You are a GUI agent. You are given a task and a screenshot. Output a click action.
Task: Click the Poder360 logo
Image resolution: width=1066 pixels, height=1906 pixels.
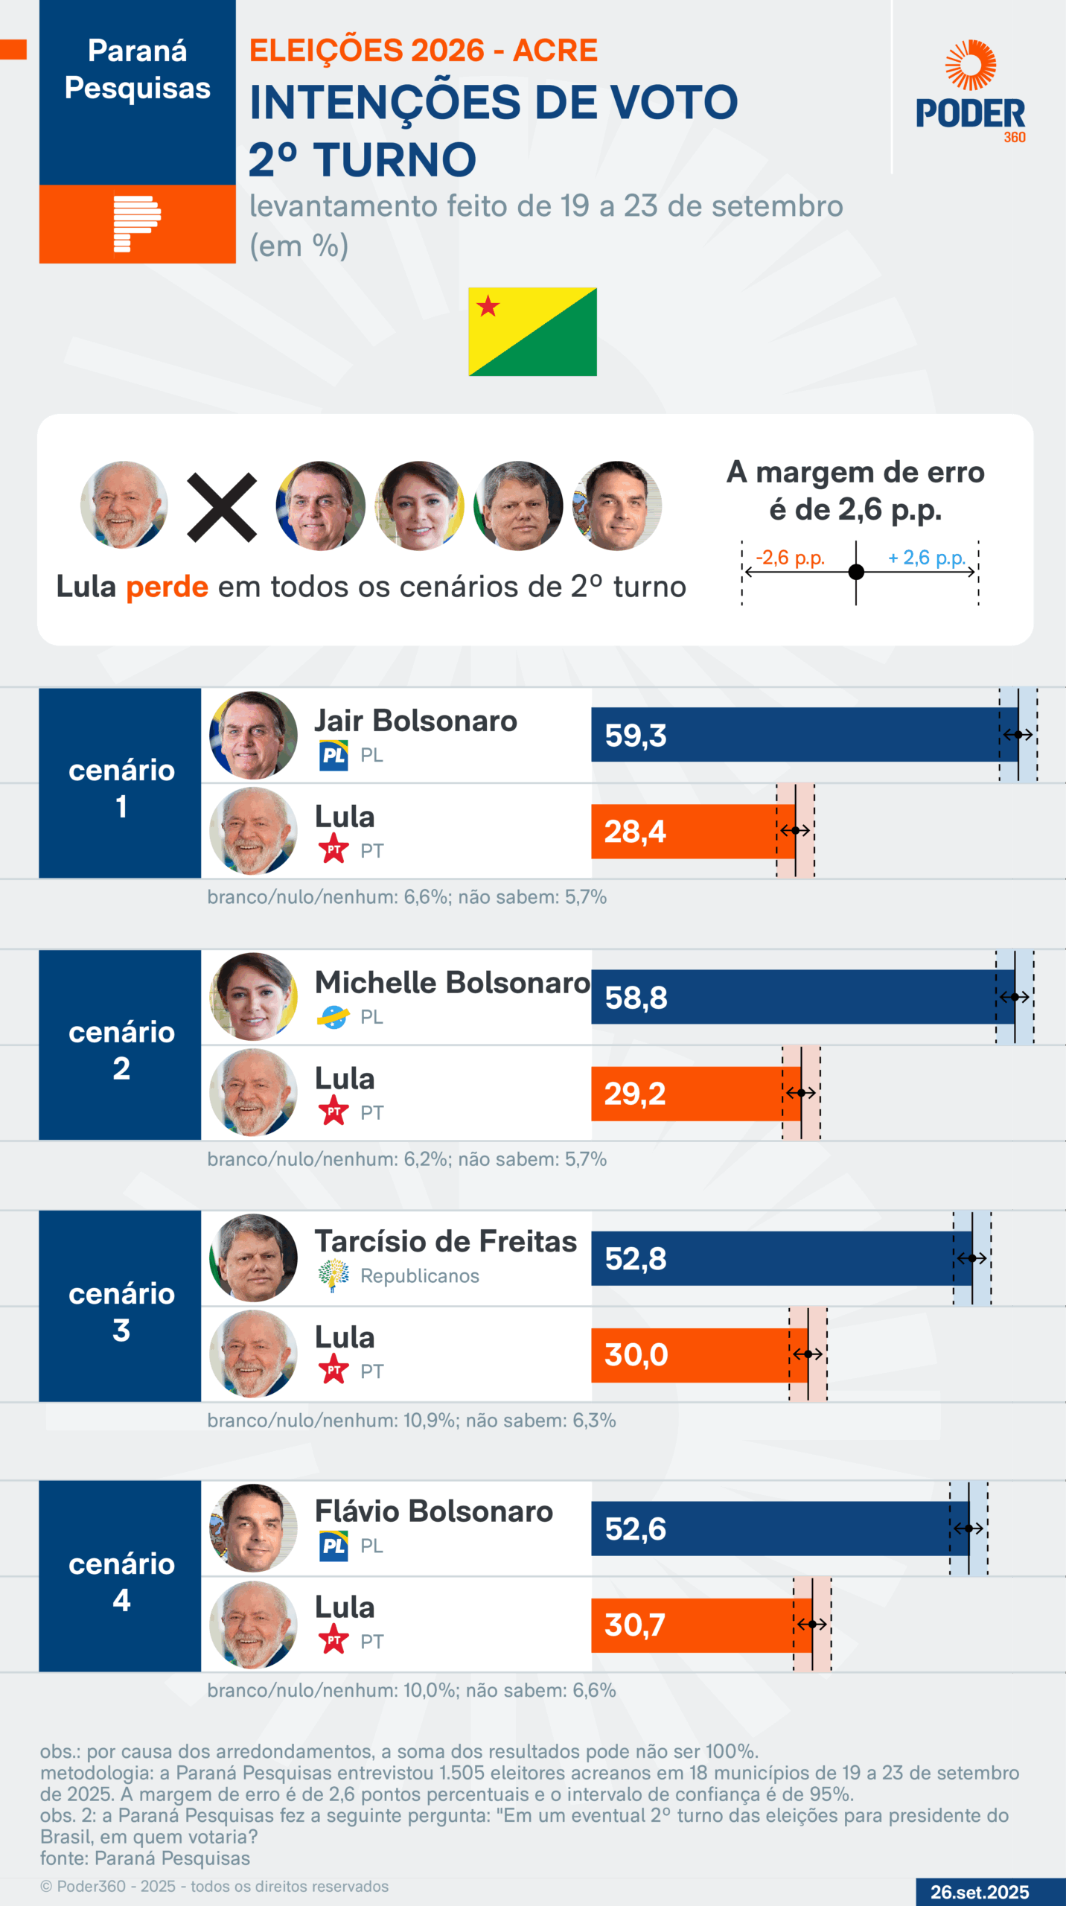pyautogui.click(x=970, y=92)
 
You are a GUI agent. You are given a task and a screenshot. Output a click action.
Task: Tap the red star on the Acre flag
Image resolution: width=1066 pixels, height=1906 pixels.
pyautogui.click(x=488, y=306)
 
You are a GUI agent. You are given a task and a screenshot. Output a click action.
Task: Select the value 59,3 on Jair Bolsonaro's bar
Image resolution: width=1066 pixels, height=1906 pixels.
pyautogui.click(x=635, y=736)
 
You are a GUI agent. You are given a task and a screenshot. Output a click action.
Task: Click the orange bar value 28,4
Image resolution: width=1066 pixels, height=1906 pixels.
pyautogui.click(x=635, y=832)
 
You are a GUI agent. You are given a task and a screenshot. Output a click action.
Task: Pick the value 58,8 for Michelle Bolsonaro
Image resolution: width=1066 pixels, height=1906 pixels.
pyautogui.click(x=636, y=998)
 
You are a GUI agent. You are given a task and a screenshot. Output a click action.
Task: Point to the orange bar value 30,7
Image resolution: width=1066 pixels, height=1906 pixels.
pyautogui.click(x=635, y=1625)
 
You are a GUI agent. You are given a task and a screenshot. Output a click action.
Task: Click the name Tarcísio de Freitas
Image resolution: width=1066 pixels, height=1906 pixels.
pyautogui.click(x=445, y=1242)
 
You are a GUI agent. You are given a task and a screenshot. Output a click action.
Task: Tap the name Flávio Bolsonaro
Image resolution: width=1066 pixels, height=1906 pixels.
pyautogui.click(x=433, y=1511)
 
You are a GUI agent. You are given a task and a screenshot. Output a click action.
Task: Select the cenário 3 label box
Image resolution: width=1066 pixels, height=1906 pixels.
pyautogui.click(x=121, y=1312)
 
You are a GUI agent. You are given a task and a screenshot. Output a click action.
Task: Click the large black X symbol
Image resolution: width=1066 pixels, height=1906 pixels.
pyautogui.click(x=222, y=507)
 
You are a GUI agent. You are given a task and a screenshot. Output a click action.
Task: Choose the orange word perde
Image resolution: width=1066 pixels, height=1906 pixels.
pyautogui.click(x=167, y=587)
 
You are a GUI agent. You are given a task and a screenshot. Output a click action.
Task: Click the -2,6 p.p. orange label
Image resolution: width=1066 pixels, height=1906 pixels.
pyautogui.click(x=790, y=558)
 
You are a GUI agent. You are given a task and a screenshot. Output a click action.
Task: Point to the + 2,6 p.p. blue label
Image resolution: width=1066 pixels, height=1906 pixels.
pyautogui.click(x=926, y=558)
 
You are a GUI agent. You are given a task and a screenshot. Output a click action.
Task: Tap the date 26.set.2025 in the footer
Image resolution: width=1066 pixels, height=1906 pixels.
pyautogui.click(x=980, y=1892)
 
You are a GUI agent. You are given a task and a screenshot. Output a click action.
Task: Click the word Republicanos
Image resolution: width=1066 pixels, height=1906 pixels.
pyautogui.click(x=420, y=1276)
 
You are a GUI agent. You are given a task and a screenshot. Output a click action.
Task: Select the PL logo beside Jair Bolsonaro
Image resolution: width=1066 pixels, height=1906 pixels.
pyautogui.click(x=333, y=756)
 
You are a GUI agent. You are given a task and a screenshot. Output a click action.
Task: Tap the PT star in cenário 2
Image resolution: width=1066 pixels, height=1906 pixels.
pyautogui.click(x=333, y=1112)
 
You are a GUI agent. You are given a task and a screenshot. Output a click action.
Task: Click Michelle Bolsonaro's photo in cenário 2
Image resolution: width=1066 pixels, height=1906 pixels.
pyautogui.click(x=253, y=996)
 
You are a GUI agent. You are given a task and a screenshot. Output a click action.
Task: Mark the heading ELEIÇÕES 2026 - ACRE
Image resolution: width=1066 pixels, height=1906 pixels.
pyautogui.click(x=423, y=51)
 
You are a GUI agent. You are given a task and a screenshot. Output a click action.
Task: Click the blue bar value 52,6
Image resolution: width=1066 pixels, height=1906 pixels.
pyautogui.click(x=635, y=1529)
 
